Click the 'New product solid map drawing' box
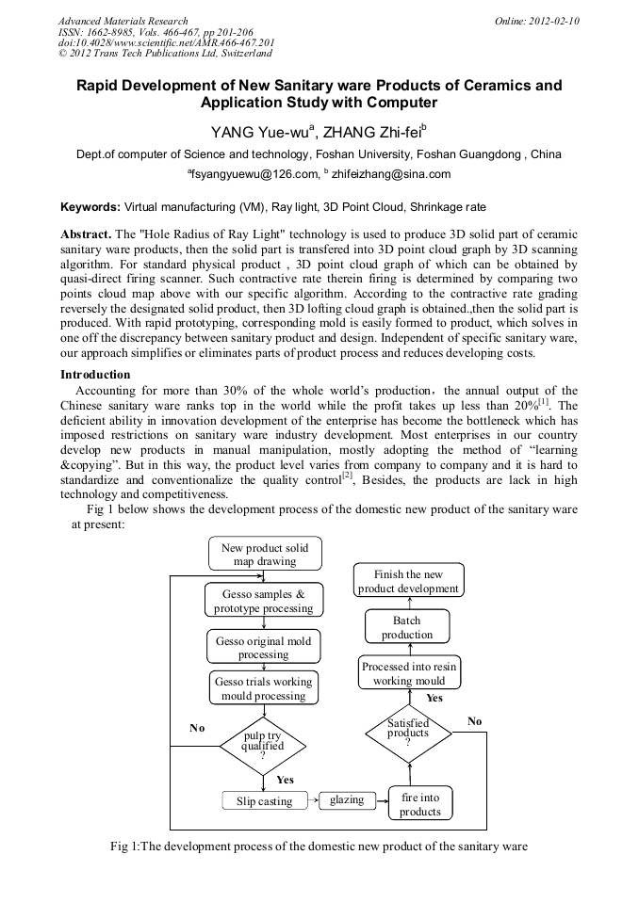point(264,555)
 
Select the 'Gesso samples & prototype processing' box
point(264,601)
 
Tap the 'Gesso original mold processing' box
point(264,648)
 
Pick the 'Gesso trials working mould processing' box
point(264,688)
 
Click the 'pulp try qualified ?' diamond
point(263,745)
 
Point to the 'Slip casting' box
point(264,800)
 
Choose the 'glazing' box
point(347,799)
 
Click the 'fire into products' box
point(420,804)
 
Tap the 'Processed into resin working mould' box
point(409,673)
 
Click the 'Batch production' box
point(407,627)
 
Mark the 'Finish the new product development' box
point(408,581)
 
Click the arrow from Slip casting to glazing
point(314,800)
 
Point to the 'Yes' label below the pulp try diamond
point(285,780)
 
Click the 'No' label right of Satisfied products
point(474,720)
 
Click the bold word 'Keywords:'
point(90,205)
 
